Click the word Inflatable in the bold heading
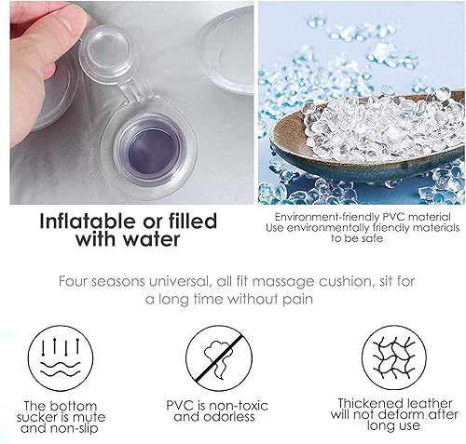88,221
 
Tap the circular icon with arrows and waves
61,358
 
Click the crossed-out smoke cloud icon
219,358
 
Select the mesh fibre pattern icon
394,357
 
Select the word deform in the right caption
402,414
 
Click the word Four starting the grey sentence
74,281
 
